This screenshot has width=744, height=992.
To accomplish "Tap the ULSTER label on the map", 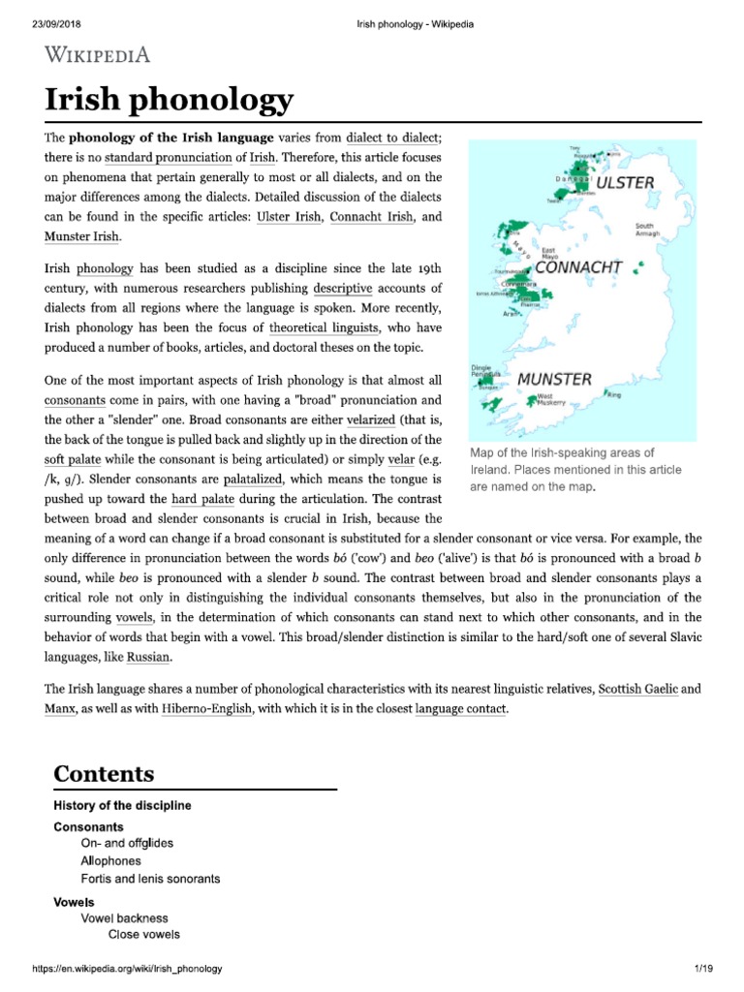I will pyautogui.click(x=626, y=181).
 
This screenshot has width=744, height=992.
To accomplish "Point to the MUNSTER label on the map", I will pyautogui.click(x=554, y=379).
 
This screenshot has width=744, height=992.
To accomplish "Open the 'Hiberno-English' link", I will pyautogui.click(x=204, y=708).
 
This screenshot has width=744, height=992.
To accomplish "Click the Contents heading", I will pyautogui.click(x=104, y=773).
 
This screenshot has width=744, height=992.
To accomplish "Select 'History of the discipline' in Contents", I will pyautogui.click(x=122, y=806).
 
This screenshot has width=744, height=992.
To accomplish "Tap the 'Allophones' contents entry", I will pyautogui.click(x=111, y=860).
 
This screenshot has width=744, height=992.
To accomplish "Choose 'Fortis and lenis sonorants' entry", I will pyautogui.click(x=151, y=879).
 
